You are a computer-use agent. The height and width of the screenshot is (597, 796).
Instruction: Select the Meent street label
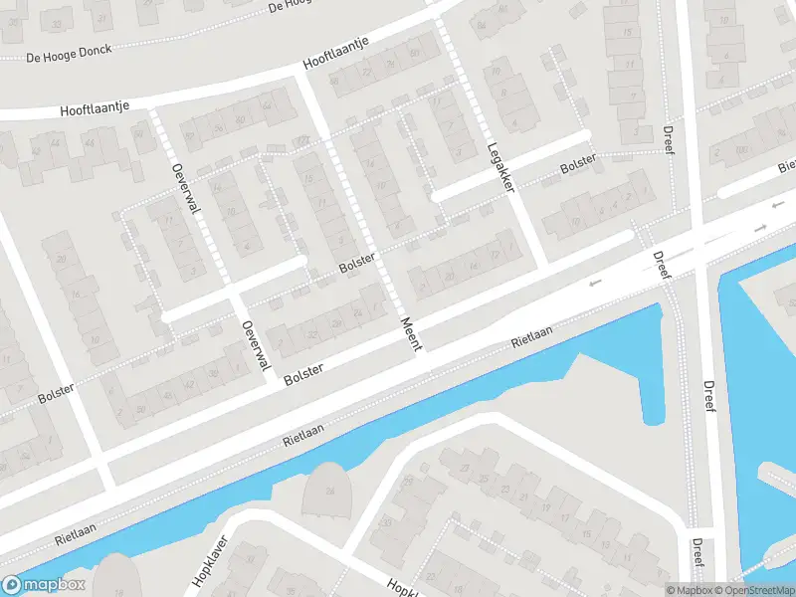(413, 332)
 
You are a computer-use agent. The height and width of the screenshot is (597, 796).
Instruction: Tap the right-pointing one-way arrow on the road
(760, 229)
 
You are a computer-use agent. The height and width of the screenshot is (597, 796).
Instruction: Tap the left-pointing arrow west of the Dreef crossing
(596, 284)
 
